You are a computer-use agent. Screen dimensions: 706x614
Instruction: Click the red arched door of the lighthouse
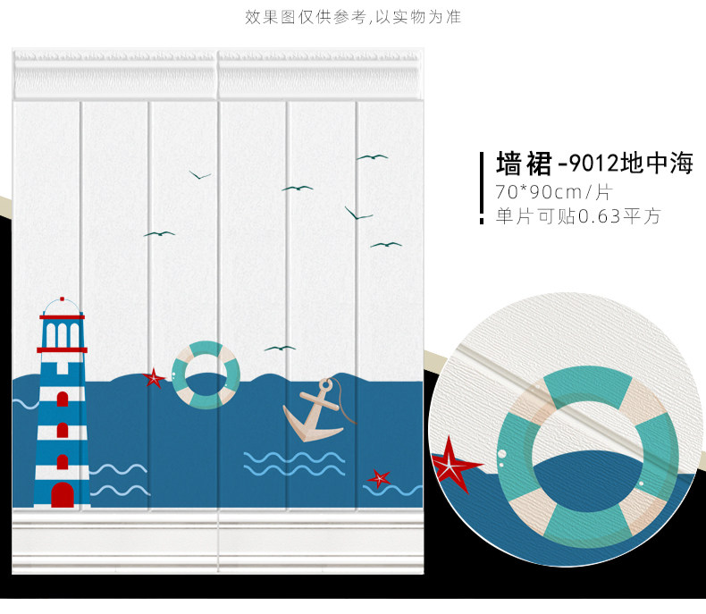(62, 493)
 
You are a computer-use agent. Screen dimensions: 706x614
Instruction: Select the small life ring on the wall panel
(206, 375)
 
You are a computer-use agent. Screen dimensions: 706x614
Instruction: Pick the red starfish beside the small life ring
(155, 378)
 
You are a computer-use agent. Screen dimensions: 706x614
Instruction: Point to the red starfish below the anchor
(379, 478)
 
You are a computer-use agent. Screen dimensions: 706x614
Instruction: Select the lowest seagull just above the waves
(280, 348)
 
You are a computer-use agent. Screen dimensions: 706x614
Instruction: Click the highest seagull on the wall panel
(372, 157)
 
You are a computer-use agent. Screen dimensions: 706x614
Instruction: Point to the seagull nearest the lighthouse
(159, 234)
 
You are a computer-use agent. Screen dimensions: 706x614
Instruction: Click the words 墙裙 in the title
(522, 164)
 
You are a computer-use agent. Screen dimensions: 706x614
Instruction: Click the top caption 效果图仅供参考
(304, 17)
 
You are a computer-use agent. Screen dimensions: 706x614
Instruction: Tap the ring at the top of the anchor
(325, 385)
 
